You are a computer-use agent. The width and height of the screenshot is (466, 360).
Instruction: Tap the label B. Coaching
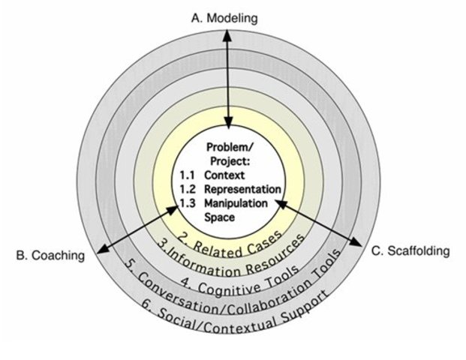tap(50, 256)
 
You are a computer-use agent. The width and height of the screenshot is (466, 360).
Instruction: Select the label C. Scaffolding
tap(411, 251)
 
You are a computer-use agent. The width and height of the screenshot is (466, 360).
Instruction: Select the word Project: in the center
tap(230, 161)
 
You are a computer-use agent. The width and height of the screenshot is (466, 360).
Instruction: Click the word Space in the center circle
tap(219, 217)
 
